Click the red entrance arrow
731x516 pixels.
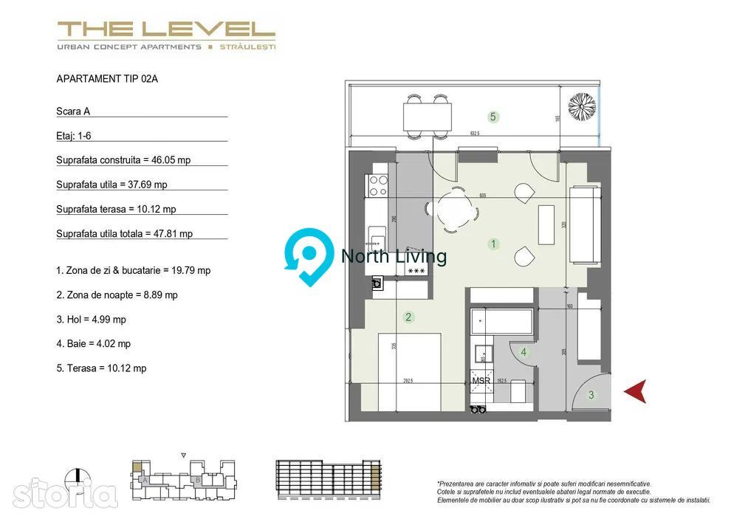coord(636,391)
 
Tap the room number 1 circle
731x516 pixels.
coord(494,244)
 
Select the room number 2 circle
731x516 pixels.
coord(408,317)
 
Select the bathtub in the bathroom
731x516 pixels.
coord(502,322)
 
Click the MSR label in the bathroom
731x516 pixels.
coord(481,381)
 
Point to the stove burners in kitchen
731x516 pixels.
coord(378,185)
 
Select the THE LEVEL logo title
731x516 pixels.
coord(166,30)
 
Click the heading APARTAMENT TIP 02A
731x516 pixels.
coord(107,79)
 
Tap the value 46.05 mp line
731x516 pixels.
coord(123,160)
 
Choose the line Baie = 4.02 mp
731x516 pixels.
coord(93,343)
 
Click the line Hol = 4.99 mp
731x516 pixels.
coord(91,319)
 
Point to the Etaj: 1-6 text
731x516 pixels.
coord(74,136)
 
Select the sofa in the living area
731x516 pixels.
coord(584,224)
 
